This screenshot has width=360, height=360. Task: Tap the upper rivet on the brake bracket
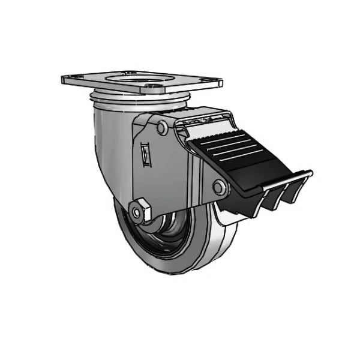(162, 128)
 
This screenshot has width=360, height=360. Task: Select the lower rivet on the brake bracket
(220, 188)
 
